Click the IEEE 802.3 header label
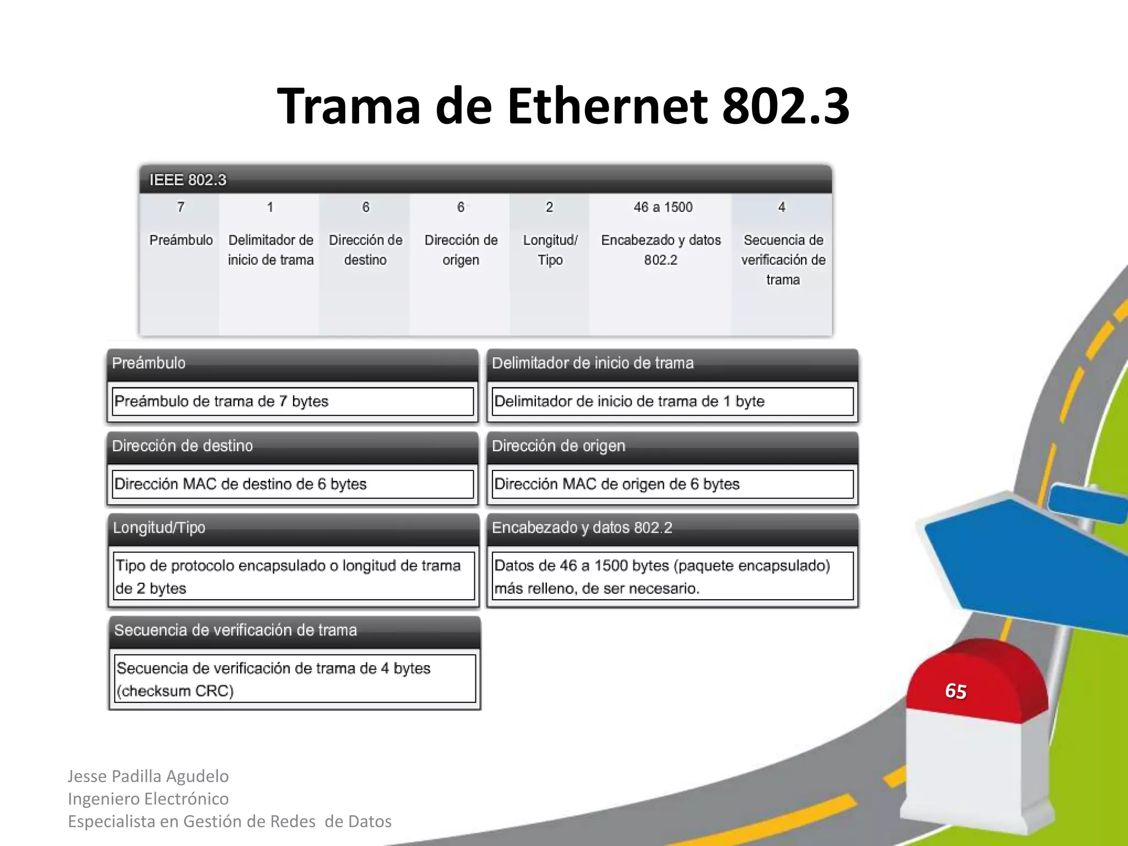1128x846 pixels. pyautogui.click(x=188, y=180)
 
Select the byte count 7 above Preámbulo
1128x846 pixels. pyautogui.click(x=181, y=207)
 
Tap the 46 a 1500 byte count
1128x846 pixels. pyautogui.click(x=663, y=207)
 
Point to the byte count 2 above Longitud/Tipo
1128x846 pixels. pyautogui.click(x=549, y=207)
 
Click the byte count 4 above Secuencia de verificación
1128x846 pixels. pyautogui.click(x=782, y=207)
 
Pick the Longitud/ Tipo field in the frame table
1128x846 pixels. pyautogui.click(x=550, y=250)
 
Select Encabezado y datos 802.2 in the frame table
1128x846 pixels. pyautogui.click(x=661, y=250)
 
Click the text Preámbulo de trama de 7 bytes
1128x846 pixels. pyautogui.click(x=221, y=402)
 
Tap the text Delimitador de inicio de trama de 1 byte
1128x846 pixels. pyautogui.click(x=630, y=402)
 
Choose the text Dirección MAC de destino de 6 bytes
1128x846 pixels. pyautogui.click(x=241, y=484)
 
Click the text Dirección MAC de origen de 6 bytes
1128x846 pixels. pyautogui.click(x=617, y=484)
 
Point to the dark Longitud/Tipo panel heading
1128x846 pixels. pyautogui.click(x=159, y=528)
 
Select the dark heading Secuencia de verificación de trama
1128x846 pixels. pyautogui.click(x=236, y=630)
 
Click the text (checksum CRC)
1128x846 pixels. pyautogui.click(x=175, y=691)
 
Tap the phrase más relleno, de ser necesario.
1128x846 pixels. pyautogui.click(x=597, y=589)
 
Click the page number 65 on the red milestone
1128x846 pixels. pyautogui.click(x=956, y=691)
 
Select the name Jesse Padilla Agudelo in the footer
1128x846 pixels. pyautogui.click(x=148, y=776)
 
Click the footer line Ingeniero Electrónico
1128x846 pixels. pyautogui.click(x=148, y=799)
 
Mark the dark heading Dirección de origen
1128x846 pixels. pyautogui.click(x=558, y=446)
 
